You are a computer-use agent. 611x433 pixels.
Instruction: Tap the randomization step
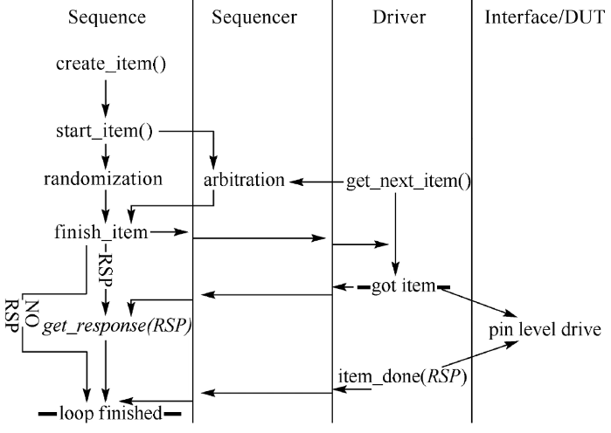[104, 181]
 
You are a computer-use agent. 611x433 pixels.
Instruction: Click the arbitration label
[245, 182]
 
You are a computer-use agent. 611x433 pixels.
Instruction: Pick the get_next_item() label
[409, 182]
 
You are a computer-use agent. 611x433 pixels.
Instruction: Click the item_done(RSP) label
[400, 377]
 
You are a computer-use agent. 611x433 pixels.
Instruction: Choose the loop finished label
[109, 413]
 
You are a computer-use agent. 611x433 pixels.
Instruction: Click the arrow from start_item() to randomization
[104, 155]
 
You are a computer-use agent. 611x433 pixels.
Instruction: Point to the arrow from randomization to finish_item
[104, 206]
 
